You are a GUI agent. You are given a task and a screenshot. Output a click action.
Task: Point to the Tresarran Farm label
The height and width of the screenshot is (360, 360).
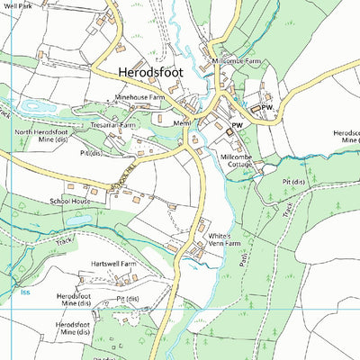coord(112,125)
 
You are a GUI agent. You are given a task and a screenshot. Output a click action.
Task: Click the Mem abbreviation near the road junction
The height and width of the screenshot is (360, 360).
coord(184,122)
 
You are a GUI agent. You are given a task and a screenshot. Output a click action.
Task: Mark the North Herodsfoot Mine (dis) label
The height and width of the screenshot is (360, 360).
coord(40,137)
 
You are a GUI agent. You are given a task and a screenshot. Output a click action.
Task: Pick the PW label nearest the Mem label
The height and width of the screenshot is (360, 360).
coord(238,125)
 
